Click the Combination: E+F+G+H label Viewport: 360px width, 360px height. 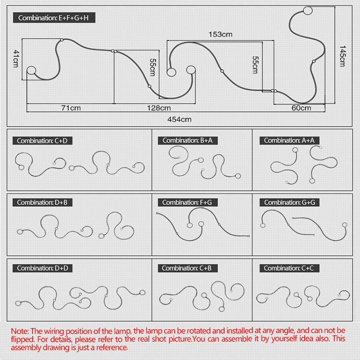pos(53,18)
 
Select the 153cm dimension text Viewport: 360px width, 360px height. pos(220,35)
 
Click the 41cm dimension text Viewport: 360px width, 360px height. pos(16,59)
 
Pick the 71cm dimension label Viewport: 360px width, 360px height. pos(71,108)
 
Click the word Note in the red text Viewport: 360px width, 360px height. pos(19,331)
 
